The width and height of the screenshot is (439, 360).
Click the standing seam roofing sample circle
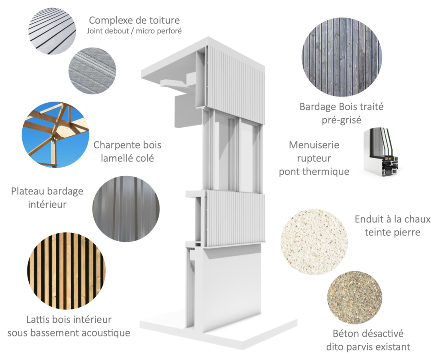pos(52,30)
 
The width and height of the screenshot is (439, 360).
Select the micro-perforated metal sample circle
pos(93,70)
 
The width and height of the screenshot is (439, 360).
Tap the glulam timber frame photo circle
pos(55,135)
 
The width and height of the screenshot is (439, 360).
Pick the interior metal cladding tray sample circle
pos(126,209)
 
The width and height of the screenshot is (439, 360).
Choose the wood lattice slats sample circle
pos(66,271)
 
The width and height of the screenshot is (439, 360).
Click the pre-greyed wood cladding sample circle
pos(342,57)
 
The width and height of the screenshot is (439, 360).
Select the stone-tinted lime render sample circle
pos(314,242)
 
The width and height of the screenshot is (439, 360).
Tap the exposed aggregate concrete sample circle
pos(355,297)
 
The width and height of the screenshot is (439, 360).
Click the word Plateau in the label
pos(28,191)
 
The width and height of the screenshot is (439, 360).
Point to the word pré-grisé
pos(342,120)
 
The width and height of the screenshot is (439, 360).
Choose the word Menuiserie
pos(314,145)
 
